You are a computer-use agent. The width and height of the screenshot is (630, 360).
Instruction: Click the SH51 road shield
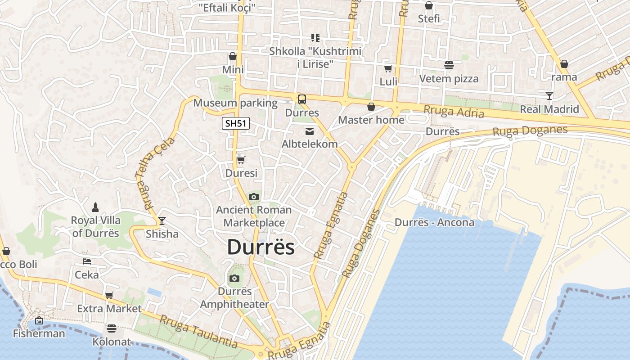236,123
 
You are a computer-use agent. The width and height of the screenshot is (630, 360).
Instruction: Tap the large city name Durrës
261,247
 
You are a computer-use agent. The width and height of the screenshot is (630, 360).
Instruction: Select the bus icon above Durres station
301,99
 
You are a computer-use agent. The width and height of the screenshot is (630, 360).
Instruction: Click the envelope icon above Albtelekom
310,131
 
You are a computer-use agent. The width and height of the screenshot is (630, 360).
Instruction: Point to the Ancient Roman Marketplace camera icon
254,197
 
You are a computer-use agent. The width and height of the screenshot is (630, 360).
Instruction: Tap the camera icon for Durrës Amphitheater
234,278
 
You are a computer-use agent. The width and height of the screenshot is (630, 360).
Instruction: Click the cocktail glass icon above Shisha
162,220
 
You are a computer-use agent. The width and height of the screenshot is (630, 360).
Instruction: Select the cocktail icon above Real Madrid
549,95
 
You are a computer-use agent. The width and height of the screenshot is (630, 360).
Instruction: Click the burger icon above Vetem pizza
449,65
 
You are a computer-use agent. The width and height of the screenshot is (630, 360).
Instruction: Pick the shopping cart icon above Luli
388,68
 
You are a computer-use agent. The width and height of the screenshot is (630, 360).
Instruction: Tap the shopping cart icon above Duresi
241,160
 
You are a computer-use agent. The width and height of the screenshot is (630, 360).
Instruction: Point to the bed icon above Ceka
87,261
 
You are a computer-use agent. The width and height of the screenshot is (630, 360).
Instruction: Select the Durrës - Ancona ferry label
434,222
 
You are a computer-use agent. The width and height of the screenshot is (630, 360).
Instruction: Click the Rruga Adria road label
454,111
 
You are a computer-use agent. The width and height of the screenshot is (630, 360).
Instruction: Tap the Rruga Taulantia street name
198,332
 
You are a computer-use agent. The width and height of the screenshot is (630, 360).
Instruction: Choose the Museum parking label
235,103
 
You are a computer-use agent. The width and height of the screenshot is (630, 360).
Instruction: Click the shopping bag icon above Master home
371,107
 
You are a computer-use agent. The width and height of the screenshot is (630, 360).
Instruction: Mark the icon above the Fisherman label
39,320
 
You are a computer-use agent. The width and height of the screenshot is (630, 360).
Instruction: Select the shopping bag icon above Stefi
429,5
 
